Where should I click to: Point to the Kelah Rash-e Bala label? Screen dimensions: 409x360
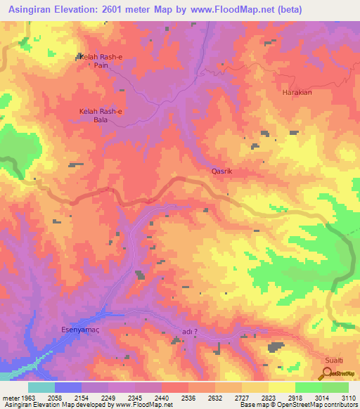click(x=100, y=115)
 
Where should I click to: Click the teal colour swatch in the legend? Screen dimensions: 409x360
click(x=41, y=387)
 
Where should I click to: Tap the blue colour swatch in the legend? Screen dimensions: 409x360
click(x=68, y=387)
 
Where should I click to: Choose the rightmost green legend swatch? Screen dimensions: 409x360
click(x=335, y=387)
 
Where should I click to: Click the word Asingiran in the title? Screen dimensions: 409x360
click(x=37, y=11)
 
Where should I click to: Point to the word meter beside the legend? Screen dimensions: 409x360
click(x=11, y=397)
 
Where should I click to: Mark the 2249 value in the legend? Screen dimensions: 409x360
click(x=108, y=397)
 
